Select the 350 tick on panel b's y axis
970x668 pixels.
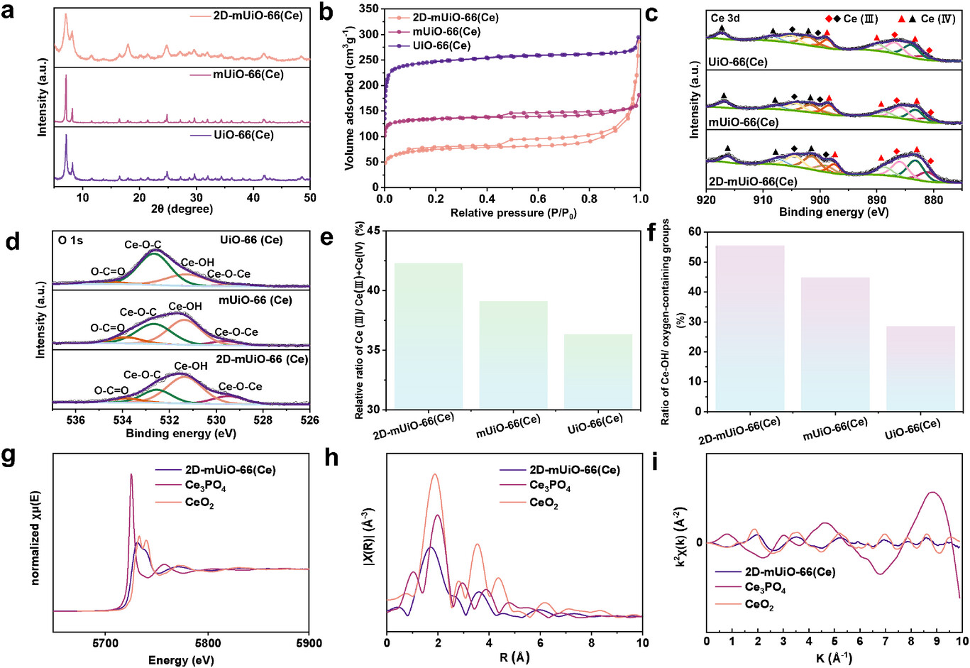(368, 9)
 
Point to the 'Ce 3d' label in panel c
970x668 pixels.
(725, 18)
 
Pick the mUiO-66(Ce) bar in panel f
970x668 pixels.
(835, 344)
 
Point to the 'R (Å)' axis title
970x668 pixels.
(514, 657)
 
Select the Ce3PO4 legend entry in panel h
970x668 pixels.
(550, 486)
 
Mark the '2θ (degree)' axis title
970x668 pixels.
(181, 209)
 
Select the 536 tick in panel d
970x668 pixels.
(76, 420)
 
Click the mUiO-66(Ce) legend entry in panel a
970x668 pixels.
(248, 74)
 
